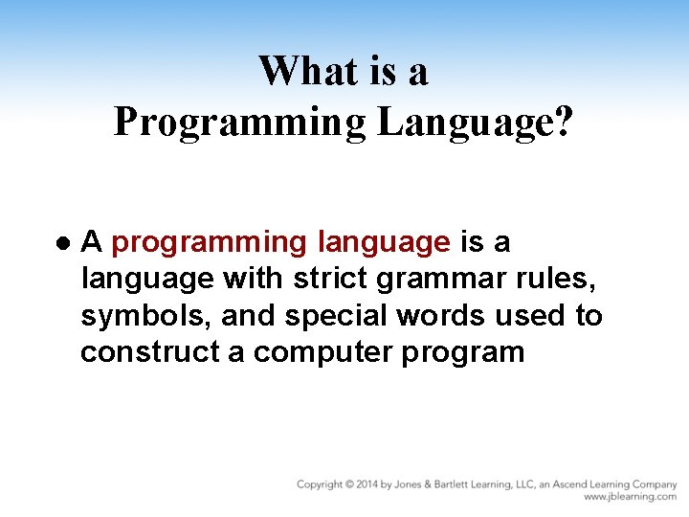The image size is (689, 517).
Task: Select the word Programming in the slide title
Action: [239, 124]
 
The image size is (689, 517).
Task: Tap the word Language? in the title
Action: [475, 124]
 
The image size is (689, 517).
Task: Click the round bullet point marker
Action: [63, 243]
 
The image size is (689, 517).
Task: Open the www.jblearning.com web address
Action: [630, 497]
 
